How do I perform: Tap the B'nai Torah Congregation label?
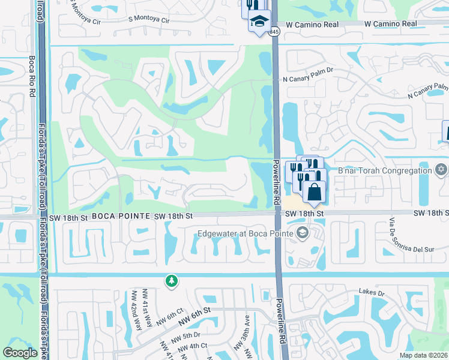tap(385, 170)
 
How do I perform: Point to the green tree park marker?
tap(172, 280)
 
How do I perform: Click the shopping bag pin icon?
tap(313, 193)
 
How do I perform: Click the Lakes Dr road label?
tap(372, 292)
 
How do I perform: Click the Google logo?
tap(20, 352)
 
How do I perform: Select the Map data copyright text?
tap(423, 355)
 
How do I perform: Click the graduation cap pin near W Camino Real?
tap(259, 23)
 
